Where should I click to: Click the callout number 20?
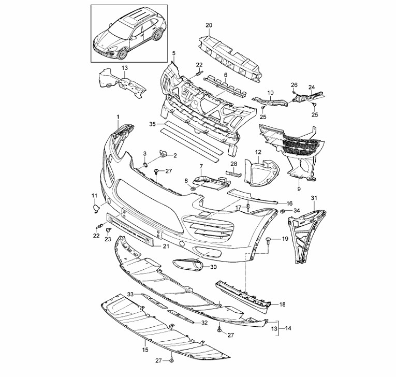tap(209, 25)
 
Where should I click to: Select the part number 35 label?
tap(152, 124)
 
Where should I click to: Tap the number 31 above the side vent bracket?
tap(314, 198)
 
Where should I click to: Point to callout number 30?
tap(213, 267)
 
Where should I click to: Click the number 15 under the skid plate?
tap(145, 350)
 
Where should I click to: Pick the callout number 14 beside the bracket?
tap(288, 328)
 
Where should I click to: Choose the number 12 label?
tap(258, 152)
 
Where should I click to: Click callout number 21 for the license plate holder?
tap(166, 245)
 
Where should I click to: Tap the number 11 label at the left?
tap(94, 195)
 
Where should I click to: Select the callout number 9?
tap(299, 189)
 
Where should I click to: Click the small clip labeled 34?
tap(283, 211)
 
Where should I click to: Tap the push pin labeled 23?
tap(109, 230)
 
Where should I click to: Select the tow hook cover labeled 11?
tap(96, 209)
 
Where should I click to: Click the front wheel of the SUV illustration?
tap(123, 54)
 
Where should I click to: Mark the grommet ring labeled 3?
tap(145, 165)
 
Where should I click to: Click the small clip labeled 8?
tap(193, 188)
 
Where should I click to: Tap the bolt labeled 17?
tap(248, 207)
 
